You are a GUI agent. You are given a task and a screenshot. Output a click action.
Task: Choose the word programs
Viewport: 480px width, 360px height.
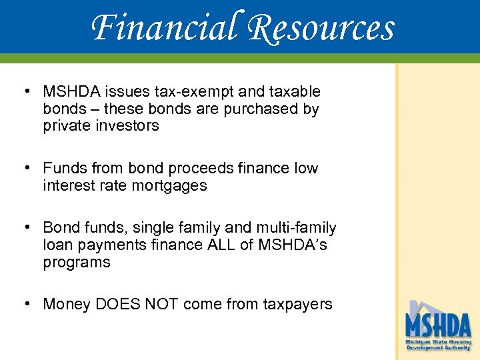tap(77, 263)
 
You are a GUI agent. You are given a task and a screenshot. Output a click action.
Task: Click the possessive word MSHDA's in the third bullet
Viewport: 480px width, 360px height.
tap(293, 245)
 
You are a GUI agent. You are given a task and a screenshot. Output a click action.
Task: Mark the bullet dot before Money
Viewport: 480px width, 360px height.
tap(27, 304)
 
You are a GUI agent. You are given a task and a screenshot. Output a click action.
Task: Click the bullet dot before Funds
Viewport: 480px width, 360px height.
tap(27, 168)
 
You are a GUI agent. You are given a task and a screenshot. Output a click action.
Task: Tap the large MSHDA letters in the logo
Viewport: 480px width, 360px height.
tap(438, 326)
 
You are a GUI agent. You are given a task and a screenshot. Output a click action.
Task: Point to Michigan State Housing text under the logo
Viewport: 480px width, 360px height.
tap(438, 342)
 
